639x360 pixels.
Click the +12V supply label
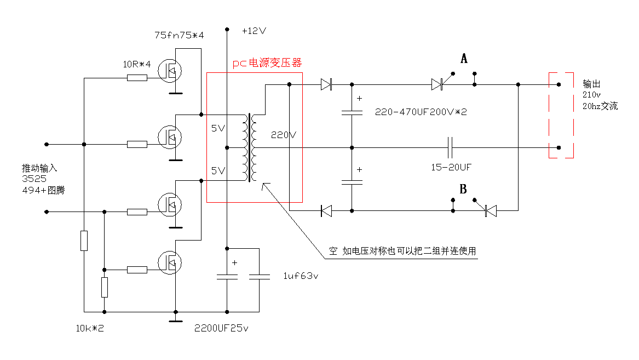(254, 31)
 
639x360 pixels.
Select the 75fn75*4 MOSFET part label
(179, 36)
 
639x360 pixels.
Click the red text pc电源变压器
(267, 64)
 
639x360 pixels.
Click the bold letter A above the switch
(464, 59)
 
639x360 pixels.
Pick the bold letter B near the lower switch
(463, 190)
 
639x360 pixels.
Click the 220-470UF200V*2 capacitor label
(421, 112)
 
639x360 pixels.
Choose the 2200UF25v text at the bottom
(221, 329)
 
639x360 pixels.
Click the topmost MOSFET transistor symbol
(169, 69)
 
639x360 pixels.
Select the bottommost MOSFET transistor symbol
(169, 263)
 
